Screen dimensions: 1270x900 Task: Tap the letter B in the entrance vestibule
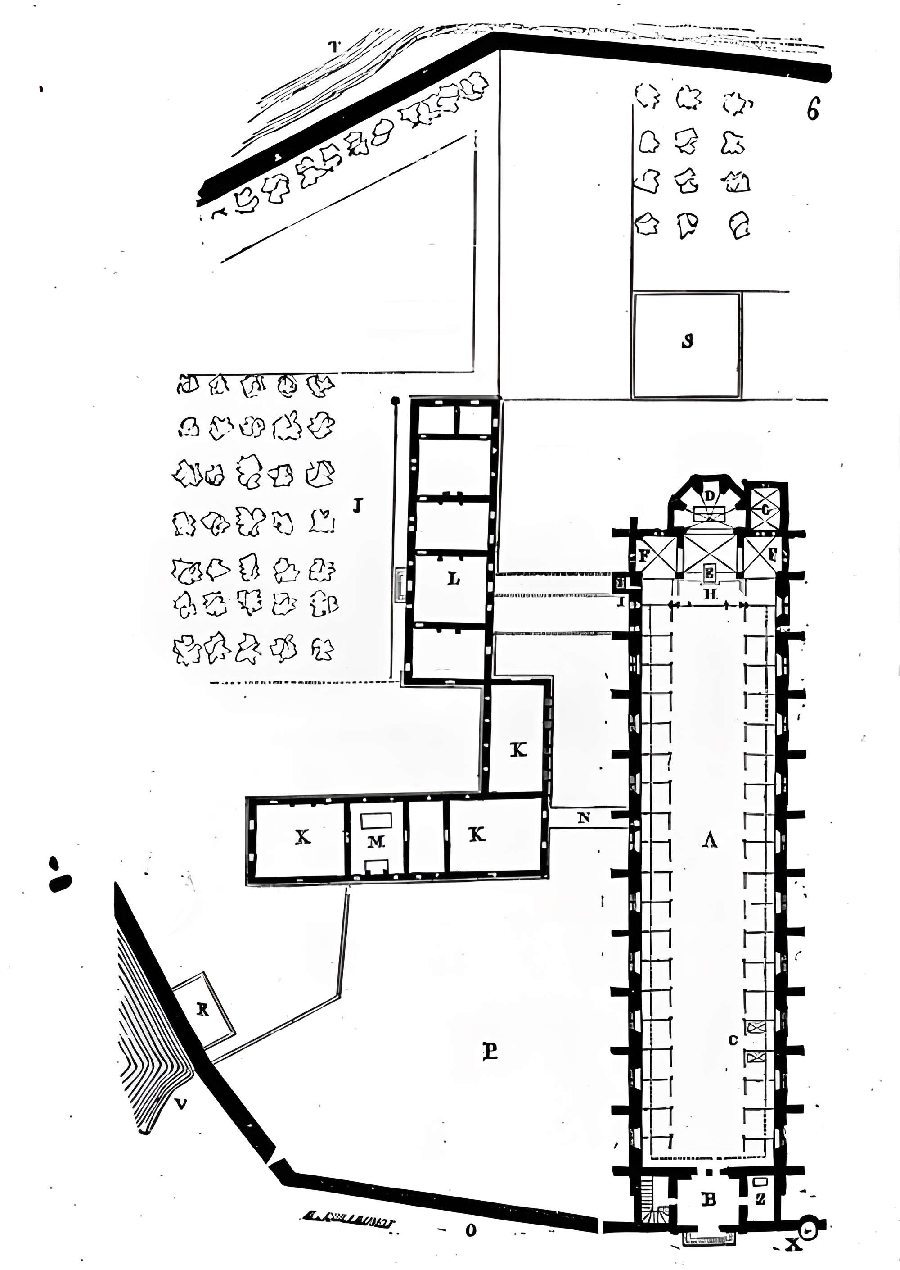(x=709, y=1199)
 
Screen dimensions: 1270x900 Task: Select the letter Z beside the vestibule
(x=760, y=1199)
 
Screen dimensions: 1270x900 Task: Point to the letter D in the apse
(x=709, y=495)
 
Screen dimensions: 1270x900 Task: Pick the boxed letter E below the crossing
(x=709, y=574)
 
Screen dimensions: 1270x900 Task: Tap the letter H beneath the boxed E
(x=711, y=595)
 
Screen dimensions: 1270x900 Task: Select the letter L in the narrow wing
(x=453, y=579)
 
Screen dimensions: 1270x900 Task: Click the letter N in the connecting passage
(x=584, y=817)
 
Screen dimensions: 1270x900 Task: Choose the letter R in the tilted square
(x=203, y=1011)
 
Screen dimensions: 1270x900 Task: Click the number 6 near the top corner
(x=812, y=109)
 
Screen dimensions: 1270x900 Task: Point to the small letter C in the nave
(x=733, y=1040)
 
